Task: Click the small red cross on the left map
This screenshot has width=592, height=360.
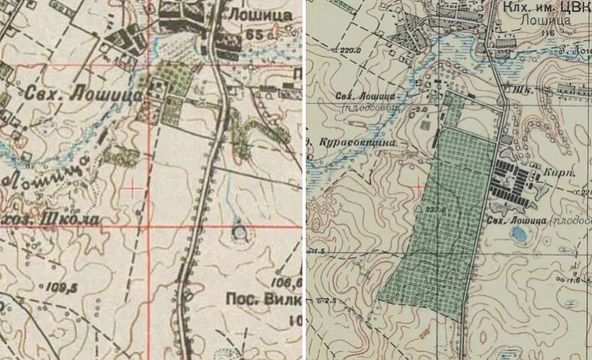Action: coord(130,187)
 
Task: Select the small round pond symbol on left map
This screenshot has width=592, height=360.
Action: coord(238,232)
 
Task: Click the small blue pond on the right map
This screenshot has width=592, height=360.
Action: coord(516,234)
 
